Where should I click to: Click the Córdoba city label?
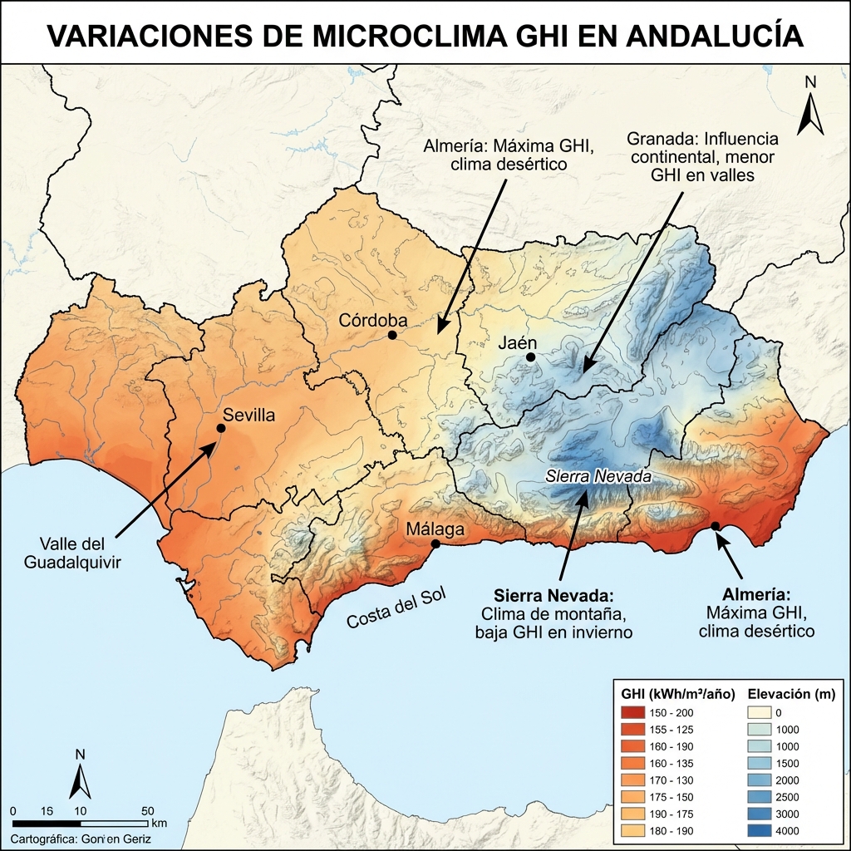(x=372, y=321)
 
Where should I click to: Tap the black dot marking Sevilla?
(x=221, y=428)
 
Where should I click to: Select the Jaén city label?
(x=517, y=342)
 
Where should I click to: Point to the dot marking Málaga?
(x=435, y=544)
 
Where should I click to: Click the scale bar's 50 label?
(x=147, y=811)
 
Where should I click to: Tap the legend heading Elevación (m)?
(x=791, y=693)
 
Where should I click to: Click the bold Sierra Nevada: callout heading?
(x=553, y=596)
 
